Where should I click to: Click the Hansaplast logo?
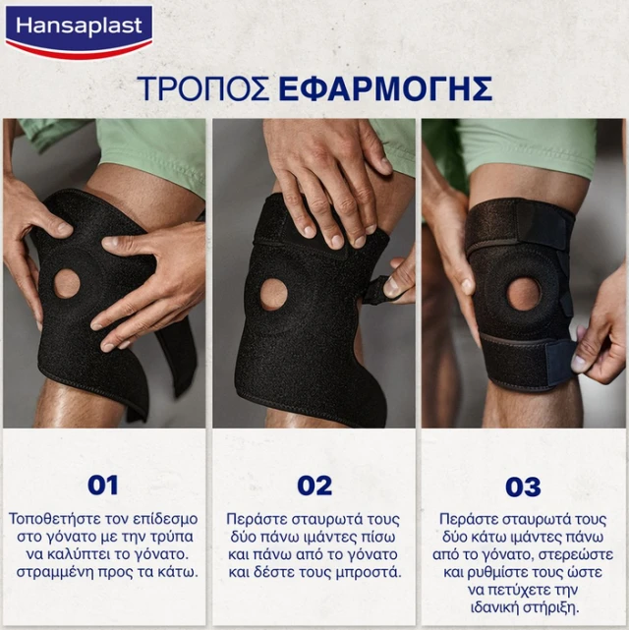tap(80, 31)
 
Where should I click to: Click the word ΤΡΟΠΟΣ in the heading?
tap(203, 88)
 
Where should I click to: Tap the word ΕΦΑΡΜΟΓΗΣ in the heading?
tap(385, 88)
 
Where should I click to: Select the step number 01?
tap(103, 486)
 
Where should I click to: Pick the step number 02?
tap(314, 486)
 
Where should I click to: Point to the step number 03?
tap(523, 487)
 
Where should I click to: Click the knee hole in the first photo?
tap(67, 284)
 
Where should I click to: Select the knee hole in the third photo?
tap(524, 294)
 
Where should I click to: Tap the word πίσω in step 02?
tap(378, 537)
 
